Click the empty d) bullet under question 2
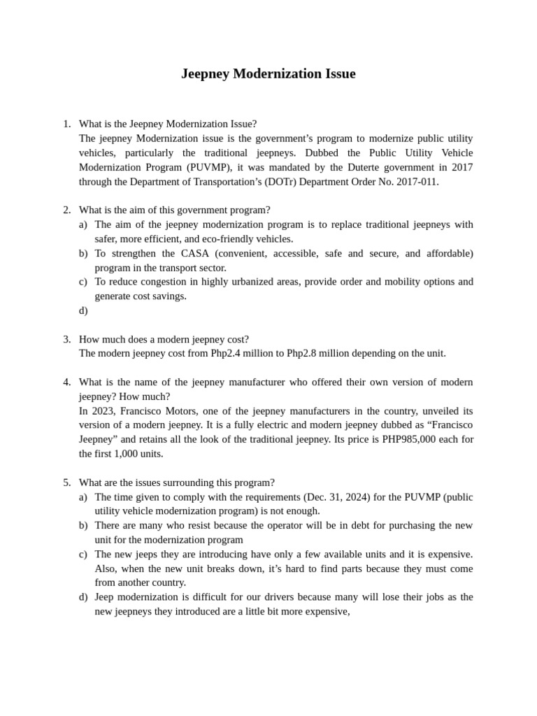[83, 310]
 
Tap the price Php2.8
[304, 354]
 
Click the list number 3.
[66, 339]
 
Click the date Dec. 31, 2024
[338, 497]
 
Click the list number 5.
[66, 482]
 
